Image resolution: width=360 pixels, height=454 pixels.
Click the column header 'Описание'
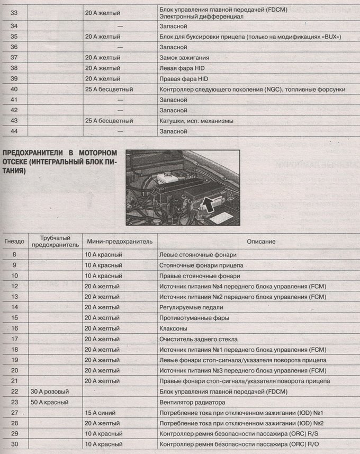coord(260,242)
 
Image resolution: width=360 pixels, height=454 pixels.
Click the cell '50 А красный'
coord(50,402)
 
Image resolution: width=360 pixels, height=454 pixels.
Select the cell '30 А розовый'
coord(50,391)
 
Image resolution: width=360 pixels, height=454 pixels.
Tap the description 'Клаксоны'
coord(174,328)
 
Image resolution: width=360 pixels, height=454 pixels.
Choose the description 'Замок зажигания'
coord(184,57)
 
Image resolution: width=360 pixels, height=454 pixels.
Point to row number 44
coord(14,131)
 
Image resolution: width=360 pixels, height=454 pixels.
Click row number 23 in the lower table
coord(14,402)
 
